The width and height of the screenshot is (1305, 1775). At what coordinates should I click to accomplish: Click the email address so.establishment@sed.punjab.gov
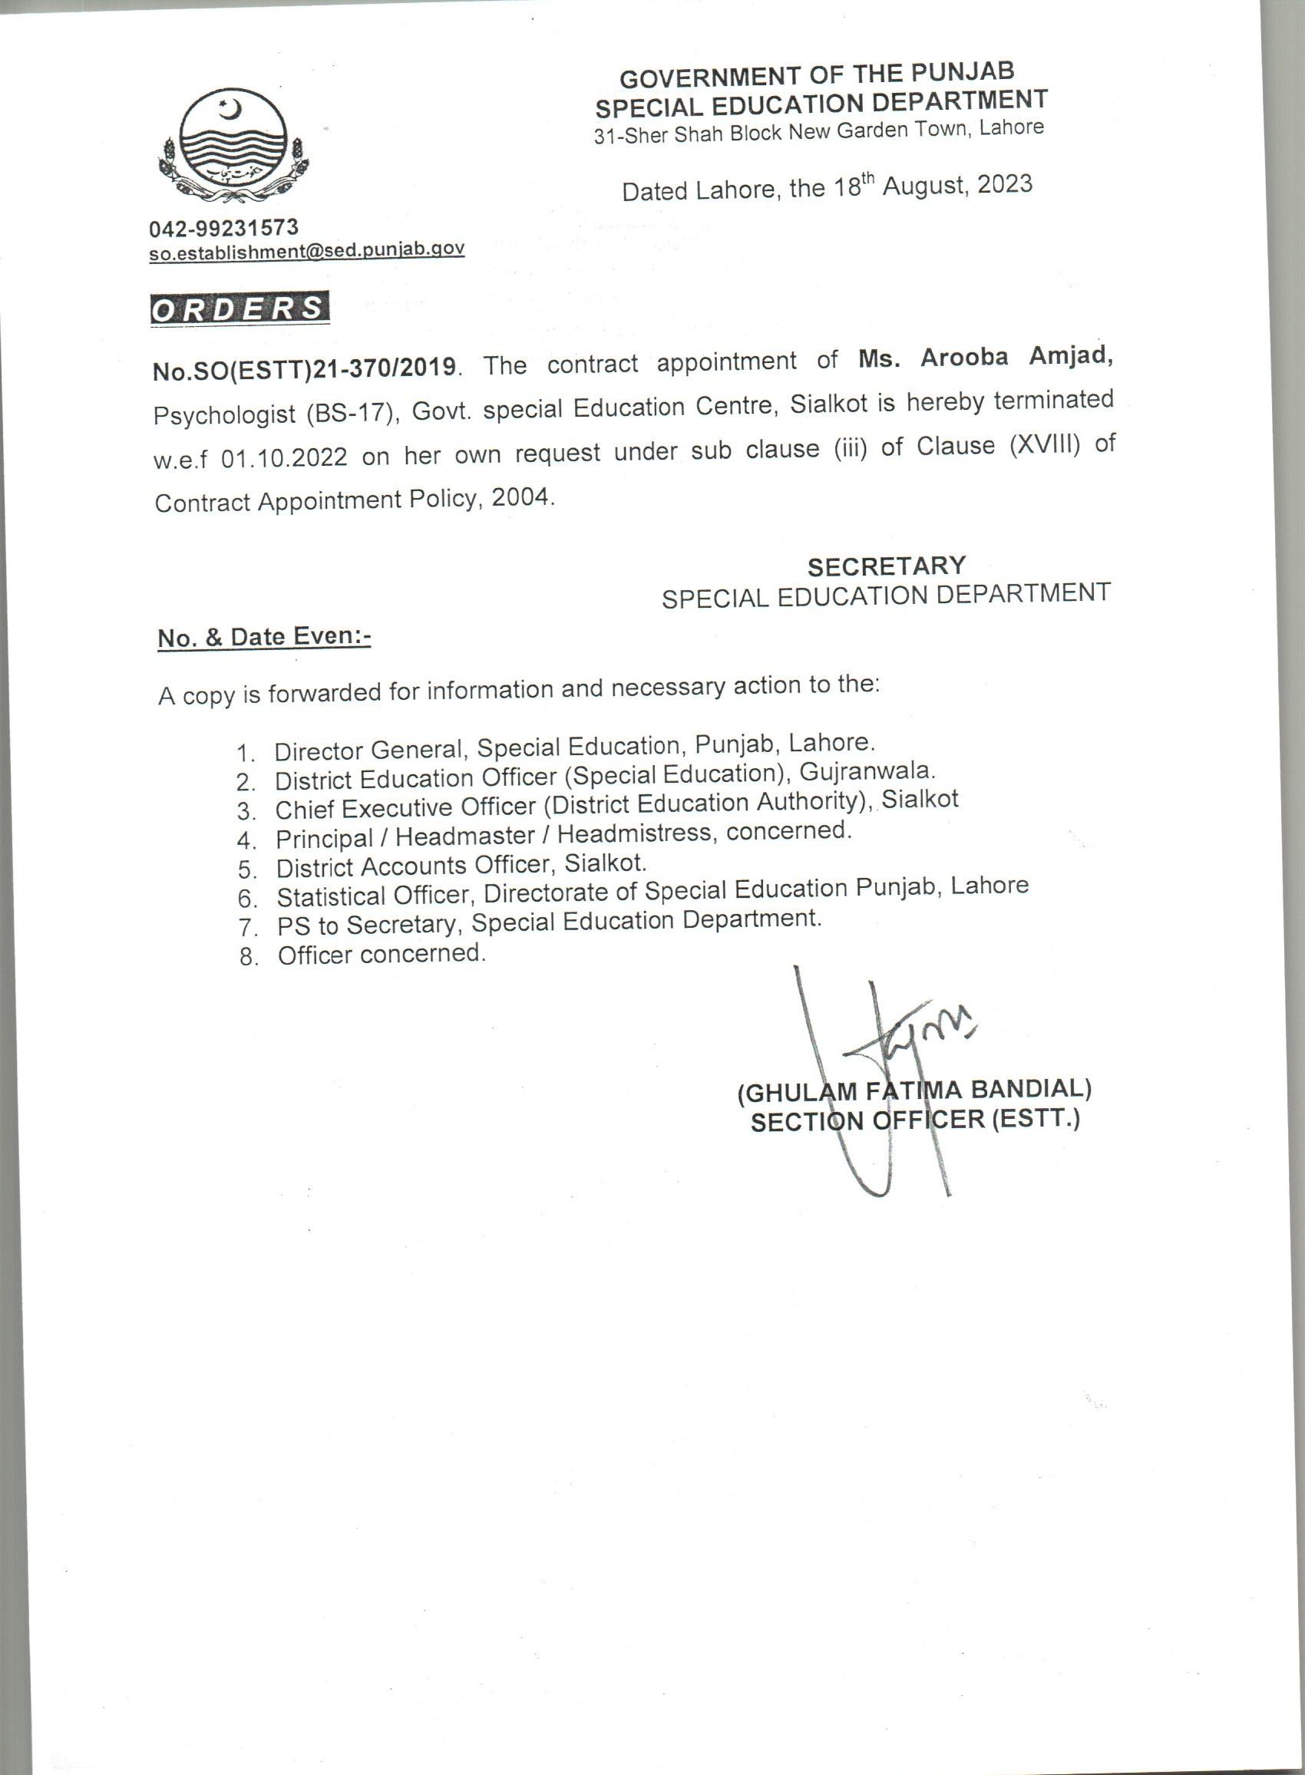306,250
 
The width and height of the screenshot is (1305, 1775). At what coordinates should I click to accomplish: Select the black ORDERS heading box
240,308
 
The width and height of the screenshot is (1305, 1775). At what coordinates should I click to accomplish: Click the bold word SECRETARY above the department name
886,566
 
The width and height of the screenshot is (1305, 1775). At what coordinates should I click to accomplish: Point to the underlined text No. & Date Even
264,637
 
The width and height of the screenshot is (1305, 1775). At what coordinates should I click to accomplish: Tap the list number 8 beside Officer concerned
249,958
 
